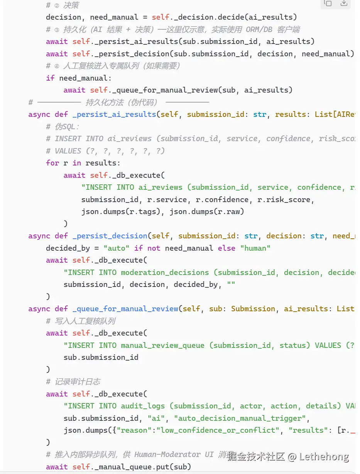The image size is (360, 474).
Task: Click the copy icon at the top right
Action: click(x=328, y=3)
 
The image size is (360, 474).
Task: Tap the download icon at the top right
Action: click(x=344, y=3)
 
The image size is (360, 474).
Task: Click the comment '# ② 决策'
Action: click(x=63, y=5)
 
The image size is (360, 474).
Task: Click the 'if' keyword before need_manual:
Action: click(x=50, y=78)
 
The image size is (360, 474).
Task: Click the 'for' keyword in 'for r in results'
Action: click(x=52, y=163)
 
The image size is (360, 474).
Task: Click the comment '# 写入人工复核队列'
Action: click(x=81, y=321)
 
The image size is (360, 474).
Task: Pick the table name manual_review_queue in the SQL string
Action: click(x=162, y=345)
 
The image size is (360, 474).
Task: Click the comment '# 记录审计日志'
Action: click(x=73, y=381)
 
